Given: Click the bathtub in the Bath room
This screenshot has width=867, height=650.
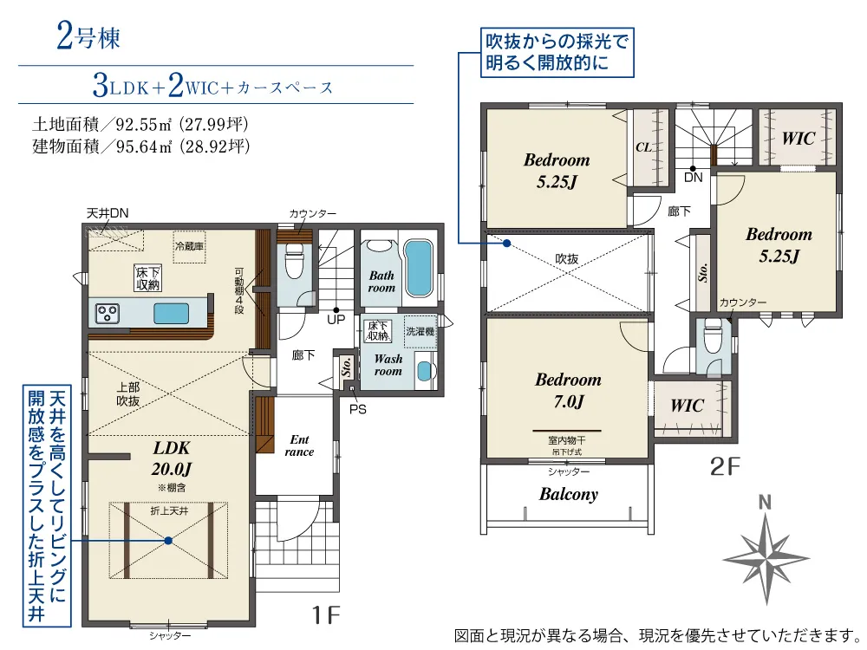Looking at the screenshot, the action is pyautogui.click(x=418, y=269).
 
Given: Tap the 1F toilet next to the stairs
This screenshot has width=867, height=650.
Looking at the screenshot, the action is pyautogui.click(x=294, y=261).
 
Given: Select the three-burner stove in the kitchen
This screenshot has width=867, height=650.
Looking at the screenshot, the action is pyautogui.click(x=108, y=314).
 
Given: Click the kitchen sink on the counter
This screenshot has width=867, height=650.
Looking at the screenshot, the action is pyautogui.click(x=171, y=314).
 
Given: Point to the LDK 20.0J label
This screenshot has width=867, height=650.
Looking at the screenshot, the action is pyautogui.click(x=172, y=458).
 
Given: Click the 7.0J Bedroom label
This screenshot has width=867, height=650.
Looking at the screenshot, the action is pyautogui.click(x=568, y=390).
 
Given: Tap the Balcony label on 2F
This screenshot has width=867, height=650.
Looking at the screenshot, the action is pyautogui.click(x=569, y=494).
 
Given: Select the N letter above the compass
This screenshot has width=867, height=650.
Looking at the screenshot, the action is pyautogui.click(x=765, y=503).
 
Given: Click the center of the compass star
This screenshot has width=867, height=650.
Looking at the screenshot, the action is pyautogui.click(x=766, y=557).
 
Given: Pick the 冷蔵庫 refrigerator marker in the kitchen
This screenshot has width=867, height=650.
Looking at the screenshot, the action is pyautogui.click(x=189, y=246).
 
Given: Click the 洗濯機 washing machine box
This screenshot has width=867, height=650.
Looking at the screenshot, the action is pyautogui.click(x=420, y=332).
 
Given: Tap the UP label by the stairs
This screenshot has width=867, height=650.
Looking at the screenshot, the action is pyautogui.click(x=336, y=320).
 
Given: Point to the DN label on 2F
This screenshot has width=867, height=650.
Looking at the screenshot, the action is pyautogui.click(x=693, y=178).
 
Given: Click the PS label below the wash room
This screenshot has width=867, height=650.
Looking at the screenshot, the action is pyautogui.click(x=358, y=410).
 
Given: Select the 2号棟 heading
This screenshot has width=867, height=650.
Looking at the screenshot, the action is pyautogui.click(x=88, y=38).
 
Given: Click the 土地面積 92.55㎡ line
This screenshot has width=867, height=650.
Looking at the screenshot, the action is pyautogui.click(x=140, y=124).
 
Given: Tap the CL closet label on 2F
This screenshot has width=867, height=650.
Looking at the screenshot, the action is pyautogui.click(x=643, y=147).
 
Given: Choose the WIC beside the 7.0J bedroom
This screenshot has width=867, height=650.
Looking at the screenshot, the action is pyautogui.click(x=687, y=406).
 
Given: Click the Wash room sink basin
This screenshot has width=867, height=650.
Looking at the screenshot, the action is pyautogui.click(x=424, y=371).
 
